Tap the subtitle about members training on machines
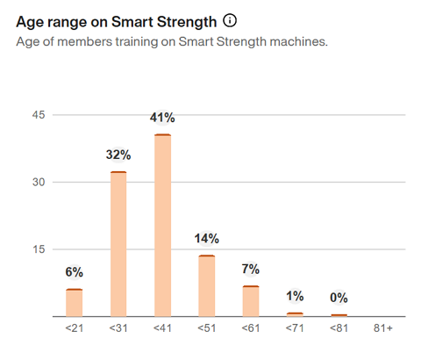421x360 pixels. (172, 42)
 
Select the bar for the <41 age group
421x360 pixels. (162, 226)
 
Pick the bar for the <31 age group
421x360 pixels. (118, 244)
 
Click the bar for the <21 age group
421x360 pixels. (75, 303)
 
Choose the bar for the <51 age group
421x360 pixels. (206, 286)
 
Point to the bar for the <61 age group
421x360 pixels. (251, 301)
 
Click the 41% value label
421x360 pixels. (162, 119)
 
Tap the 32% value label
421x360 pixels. (118, 155)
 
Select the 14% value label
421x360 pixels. (206, 239)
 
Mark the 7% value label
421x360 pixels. (251, 270)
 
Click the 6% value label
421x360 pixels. (75, 273)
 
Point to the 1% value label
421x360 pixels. (295, 297)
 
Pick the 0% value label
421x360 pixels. (339, 299)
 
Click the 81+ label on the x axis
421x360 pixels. (382, 328)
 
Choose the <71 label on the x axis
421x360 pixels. (295, 328)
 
